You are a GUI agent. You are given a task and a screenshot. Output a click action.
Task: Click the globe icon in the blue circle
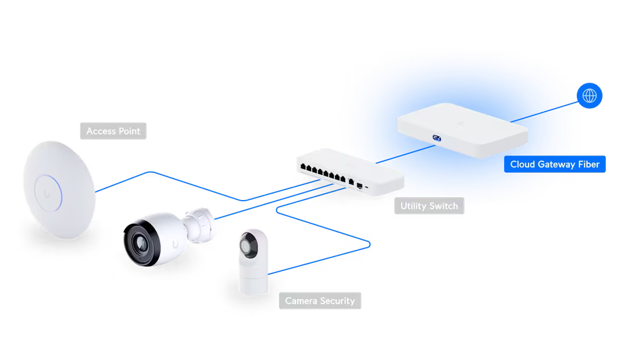[591, 95]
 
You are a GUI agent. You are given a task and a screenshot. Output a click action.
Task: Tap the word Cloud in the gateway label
[522, 164]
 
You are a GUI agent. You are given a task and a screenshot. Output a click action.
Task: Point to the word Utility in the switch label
[413, 206]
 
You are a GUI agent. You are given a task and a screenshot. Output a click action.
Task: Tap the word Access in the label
[101, 131]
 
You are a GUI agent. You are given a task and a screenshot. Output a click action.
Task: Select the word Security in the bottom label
[337, 301]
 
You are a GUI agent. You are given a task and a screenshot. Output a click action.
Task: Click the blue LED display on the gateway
[436, 138]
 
